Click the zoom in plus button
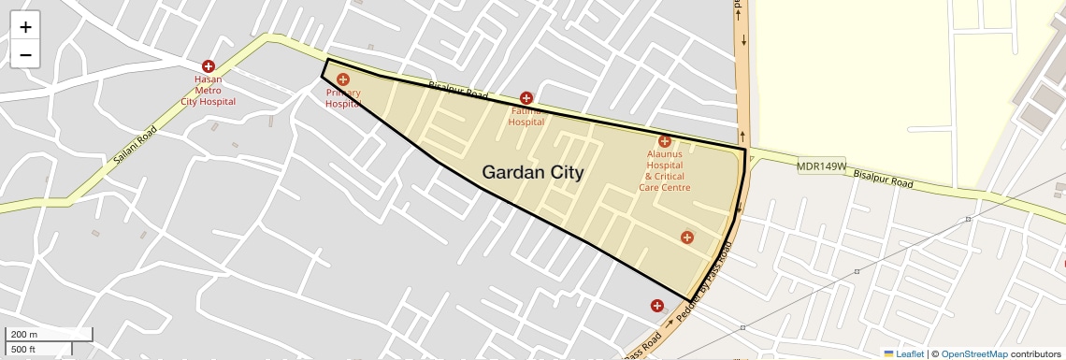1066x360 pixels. tap(25, 27)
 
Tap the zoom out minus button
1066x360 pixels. tap(25, 55)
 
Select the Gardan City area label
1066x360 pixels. tap(532, 172)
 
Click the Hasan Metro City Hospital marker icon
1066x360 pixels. tap(208, 66)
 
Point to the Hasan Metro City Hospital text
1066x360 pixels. tap(208, 91)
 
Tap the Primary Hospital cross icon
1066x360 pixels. tap(343, 79)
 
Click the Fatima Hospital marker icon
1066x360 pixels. tap(526, 98)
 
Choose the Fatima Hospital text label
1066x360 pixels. tap(526, 116)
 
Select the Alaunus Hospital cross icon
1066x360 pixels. tap(665, 141)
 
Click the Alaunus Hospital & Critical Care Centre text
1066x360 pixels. tap(665, 170)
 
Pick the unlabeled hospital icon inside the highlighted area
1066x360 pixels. tap(687, 238)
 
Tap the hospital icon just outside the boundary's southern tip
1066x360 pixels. tap(657, 306)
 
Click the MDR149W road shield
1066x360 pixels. tap(821, 166)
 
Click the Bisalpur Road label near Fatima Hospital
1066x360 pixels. tap(458, 91)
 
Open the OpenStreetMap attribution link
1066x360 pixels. tap(973, 353)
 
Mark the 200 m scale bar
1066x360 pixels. tap(49, 335)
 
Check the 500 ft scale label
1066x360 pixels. tap(23, 349)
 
